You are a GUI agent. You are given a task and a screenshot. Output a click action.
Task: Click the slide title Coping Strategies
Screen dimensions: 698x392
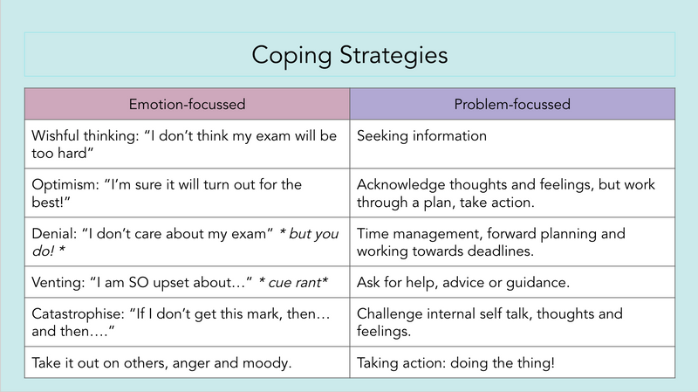pyautogui.click(x=350, y=55)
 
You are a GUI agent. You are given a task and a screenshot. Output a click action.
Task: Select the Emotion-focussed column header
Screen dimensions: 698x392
pyautogui.click(x=187, y=104)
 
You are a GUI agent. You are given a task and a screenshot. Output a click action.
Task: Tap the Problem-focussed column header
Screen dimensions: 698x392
pyautogui.click(x=512, y=104)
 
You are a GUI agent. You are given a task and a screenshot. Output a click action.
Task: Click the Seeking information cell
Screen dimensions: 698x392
pyautogui.click(x=512, y=144)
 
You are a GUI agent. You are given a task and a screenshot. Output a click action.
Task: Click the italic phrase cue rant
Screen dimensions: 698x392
pyautogui.click(x=294, y=282)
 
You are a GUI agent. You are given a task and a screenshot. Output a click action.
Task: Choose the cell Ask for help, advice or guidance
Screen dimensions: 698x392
pyautogui.click(x=512, y=282)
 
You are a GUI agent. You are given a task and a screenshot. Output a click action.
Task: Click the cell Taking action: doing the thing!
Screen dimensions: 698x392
pyautogui.click(x=512, y=362)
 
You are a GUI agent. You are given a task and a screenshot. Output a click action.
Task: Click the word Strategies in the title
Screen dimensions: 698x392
pyautogui.click(x=393, y=56)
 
